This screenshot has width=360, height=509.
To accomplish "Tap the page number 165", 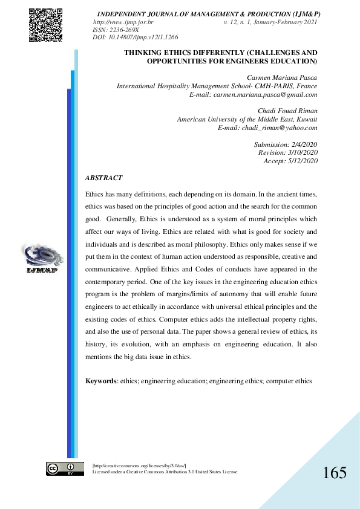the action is [x=335, y=473].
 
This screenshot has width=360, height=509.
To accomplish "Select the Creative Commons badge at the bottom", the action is [x=65, y=468].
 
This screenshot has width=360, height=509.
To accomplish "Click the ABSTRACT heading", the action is [x=103, y=178].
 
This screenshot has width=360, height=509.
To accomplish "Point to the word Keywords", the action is [x=100, y=381].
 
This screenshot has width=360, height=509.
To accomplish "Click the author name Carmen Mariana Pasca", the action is [x=282, y=78].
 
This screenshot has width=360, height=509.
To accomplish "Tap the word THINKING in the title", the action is [x=143, y=53].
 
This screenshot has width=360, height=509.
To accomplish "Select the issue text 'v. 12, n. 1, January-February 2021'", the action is [x=270, y=22].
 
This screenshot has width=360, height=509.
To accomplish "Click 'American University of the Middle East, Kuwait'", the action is [x=247, y=120].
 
